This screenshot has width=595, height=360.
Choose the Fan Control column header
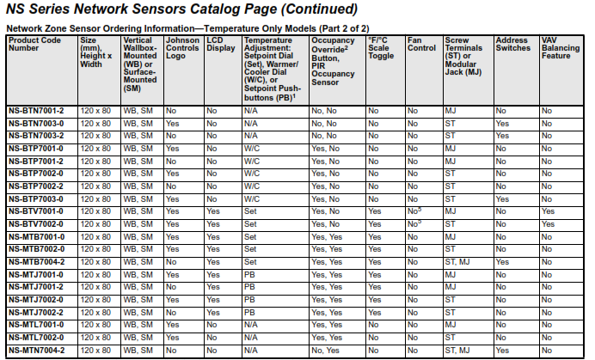pos(421,45)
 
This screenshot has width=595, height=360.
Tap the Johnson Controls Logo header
pos(181,49)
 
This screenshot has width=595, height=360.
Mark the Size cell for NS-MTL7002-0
pos(95,338)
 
